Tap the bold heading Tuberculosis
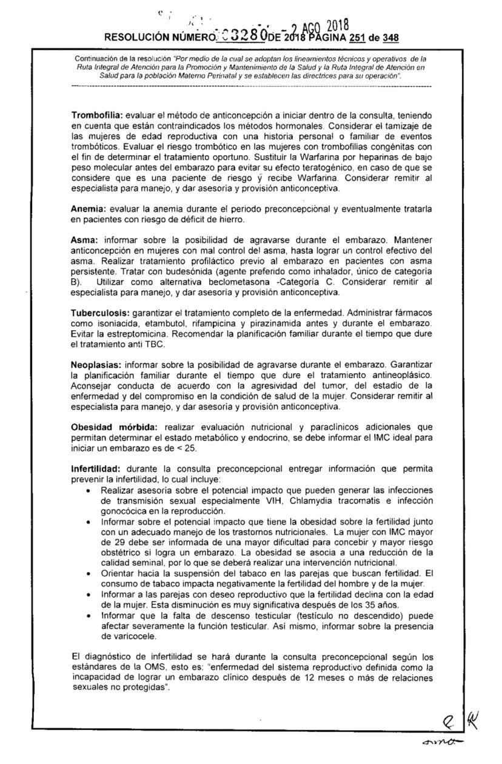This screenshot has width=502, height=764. point(99,312)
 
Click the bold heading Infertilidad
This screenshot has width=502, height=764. point(96,469)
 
